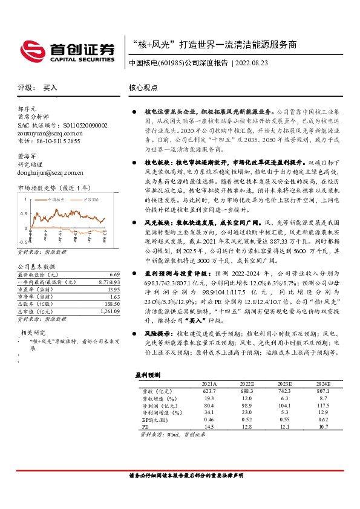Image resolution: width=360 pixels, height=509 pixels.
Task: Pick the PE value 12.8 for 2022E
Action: point(246,427)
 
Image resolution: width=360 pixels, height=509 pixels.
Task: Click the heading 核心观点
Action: point(143,88)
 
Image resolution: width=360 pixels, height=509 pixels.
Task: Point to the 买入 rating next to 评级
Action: point(50,88)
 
